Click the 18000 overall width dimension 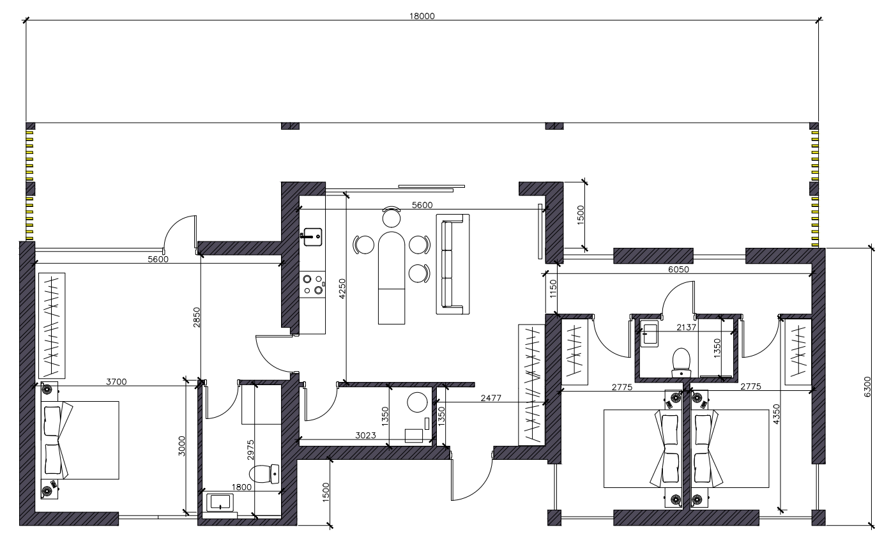pyautogui.click(x=422, y=16)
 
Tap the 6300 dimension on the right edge pyautogui.click(x=867, y=386)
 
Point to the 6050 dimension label pyautogui.click(x=678, y=270)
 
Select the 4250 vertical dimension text pyautogui.click(x=342, y=289)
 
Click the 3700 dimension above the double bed pyautogui.click(x=116, y=382)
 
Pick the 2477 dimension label pyautogui.click(x=491, y=398)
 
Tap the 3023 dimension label pyautogui.click(x=365, y=436)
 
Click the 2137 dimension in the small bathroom pyautogui.click(x=687, y=327)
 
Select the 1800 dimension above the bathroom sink pyautogui.click(x=241, y=487)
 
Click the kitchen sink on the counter pyautogui.click(x=312, y=237)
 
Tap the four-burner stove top pyautogui.click(x=312, y=285)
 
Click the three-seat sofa pyautogui.click(x=453, y=264)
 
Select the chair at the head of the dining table pyautogui.click(x=392, y=217)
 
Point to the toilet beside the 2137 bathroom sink pyautogui.click(x=681, y=362)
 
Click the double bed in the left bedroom pyautogui.click(x=80, y=440)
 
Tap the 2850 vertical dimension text pyautogui.click(x=197, y=317)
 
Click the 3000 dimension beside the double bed pyautogui.click(x=181, y=446)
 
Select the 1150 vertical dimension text pyautogui.click(x=553, y=289)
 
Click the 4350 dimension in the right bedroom pyautogui.click(x=776, y=415)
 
